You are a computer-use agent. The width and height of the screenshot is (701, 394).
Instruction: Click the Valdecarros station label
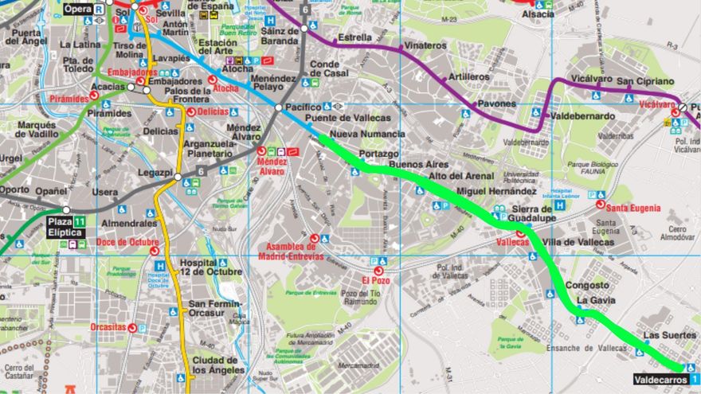(660, 380)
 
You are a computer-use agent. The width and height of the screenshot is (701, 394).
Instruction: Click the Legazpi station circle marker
(178, 177)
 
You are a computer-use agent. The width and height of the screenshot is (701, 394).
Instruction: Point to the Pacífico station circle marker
(279, 107)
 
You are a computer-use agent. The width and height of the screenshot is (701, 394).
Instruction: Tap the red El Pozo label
(376, 280)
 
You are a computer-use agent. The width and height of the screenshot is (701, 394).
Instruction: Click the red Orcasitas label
(108, 326)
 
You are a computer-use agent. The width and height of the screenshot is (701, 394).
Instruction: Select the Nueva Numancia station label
(366, 135)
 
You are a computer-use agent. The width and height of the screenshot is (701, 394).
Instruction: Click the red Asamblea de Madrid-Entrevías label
(291, 251)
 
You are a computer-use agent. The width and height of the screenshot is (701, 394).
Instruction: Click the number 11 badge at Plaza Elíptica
(80, 221)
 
